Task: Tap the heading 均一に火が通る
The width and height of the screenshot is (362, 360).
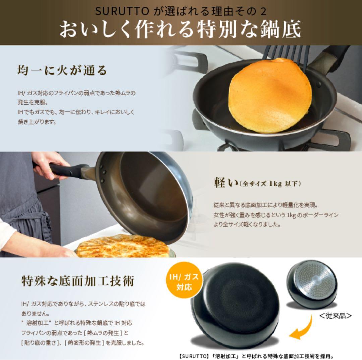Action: (62, 70)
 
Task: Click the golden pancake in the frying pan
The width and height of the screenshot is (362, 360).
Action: (269, 96)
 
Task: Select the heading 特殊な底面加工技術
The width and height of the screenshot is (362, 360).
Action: (78, 281)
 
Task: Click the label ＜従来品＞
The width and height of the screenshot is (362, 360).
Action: (335, 315)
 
